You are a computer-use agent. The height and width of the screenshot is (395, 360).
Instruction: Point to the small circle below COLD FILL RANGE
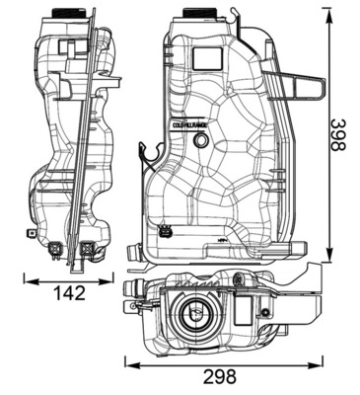[x=202, y=142]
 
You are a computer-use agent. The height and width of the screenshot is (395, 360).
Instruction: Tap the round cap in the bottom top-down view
[x=193, y=315]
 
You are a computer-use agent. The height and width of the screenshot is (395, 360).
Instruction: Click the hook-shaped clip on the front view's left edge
[x=149, y=154]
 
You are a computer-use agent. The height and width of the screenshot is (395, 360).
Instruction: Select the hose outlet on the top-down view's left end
[x=131, y=288]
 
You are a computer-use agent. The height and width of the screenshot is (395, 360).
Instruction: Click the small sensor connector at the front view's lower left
[x=165, y=234]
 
